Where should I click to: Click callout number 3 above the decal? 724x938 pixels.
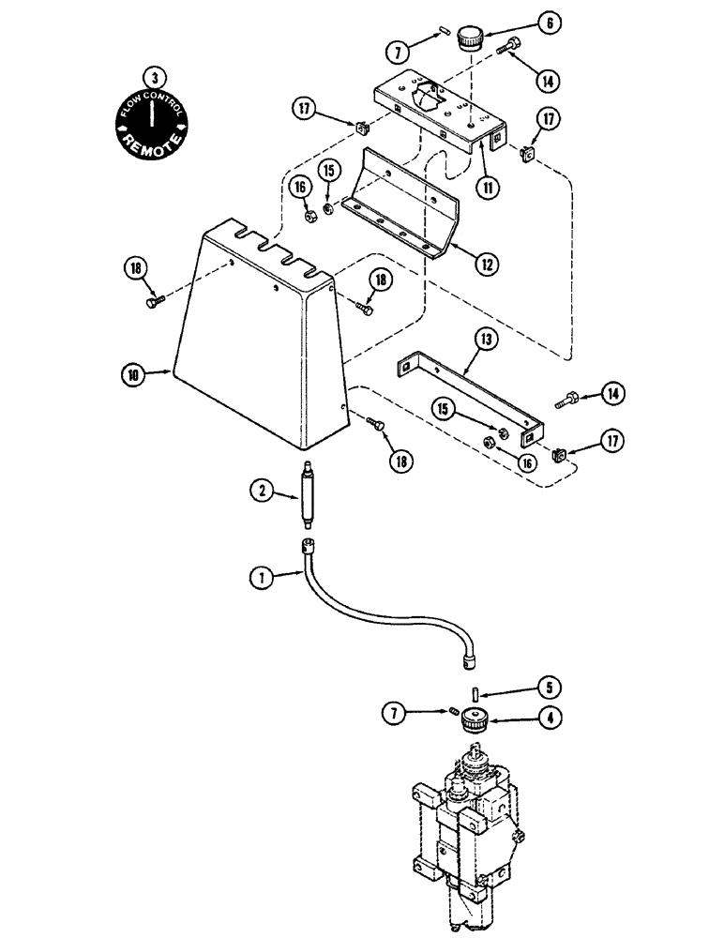tap(147, 78)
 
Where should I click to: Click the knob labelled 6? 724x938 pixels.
tap(469, 40)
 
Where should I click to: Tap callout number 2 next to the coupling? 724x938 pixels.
tap(260, 489)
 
